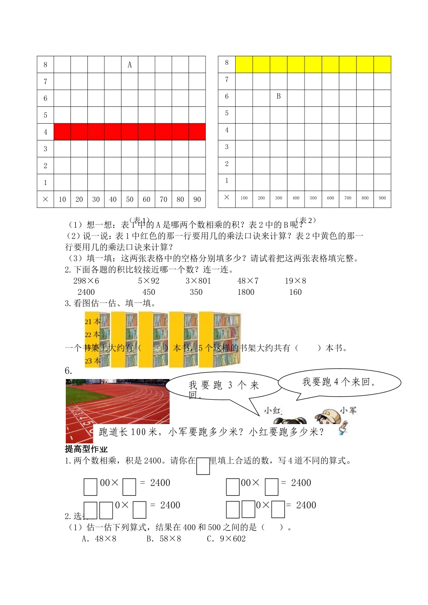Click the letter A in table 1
point(130,65)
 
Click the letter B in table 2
point(278,96)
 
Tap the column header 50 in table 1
point(130,199)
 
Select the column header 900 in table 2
point(382,198)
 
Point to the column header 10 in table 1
point(62,199)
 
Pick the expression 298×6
point(86,281)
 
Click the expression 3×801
point(198,281)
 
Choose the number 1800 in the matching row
point(246,292)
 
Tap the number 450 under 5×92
point(149,292)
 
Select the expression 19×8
point(296,281)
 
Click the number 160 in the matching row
point(296,292)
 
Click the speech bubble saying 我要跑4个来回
point(339,382)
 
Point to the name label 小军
point(348,410)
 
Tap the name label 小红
point(273,411)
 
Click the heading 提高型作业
point(86,449)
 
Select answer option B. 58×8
point(164,539)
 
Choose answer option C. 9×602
point(226,539)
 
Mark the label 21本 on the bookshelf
point(92,322)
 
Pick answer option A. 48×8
point(99,539)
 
